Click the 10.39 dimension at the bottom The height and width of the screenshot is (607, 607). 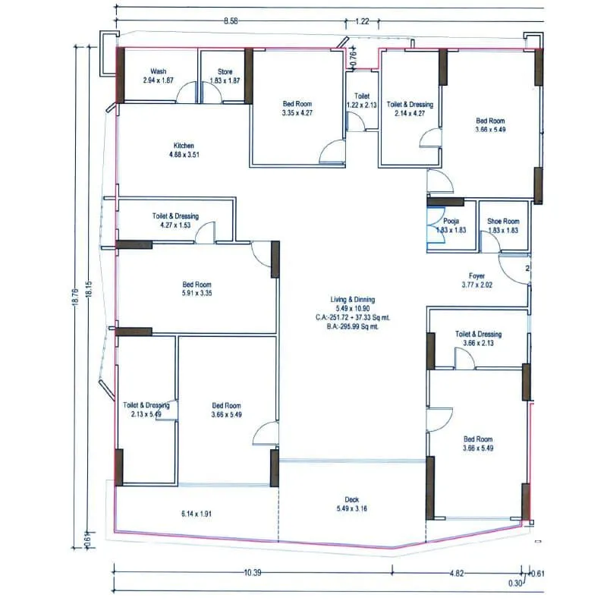click(x=253, y=573)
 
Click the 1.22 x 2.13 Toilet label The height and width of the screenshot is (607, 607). click(x=362, y=101)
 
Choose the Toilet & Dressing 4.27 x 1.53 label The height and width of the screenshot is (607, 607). click(x=175, y=221)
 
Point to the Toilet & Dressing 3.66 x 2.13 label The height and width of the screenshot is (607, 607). click(x=478, y=338)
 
